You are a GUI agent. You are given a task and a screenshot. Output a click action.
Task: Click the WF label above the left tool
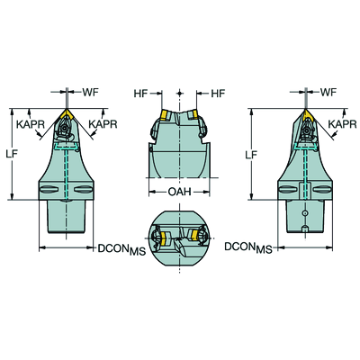(90, 93)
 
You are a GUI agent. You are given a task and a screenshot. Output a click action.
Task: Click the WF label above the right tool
(328, 92)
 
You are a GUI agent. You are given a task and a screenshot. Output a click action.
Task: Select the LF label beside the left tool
(12, 154)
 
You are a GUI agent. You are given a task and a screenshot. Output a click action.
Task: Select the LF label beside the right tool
(251, 155)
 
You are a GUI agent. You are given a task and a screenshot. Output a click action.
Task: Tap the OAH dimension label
(179, 192)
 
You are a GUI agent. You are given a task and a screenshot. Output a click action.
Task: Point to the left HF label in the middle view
(140, 94)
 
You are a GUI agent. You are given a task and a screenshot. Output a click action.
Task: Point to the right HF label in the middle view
(218, 94)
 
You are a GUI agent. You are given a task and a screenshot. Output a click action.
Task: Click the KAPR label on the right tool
(342, 124)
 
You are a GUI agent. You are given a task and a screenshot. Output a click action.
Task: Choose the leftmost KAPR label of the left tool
(31, 124)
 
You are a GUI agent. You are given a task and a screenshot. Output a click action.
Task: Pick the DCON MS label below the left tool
(121, 249)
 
